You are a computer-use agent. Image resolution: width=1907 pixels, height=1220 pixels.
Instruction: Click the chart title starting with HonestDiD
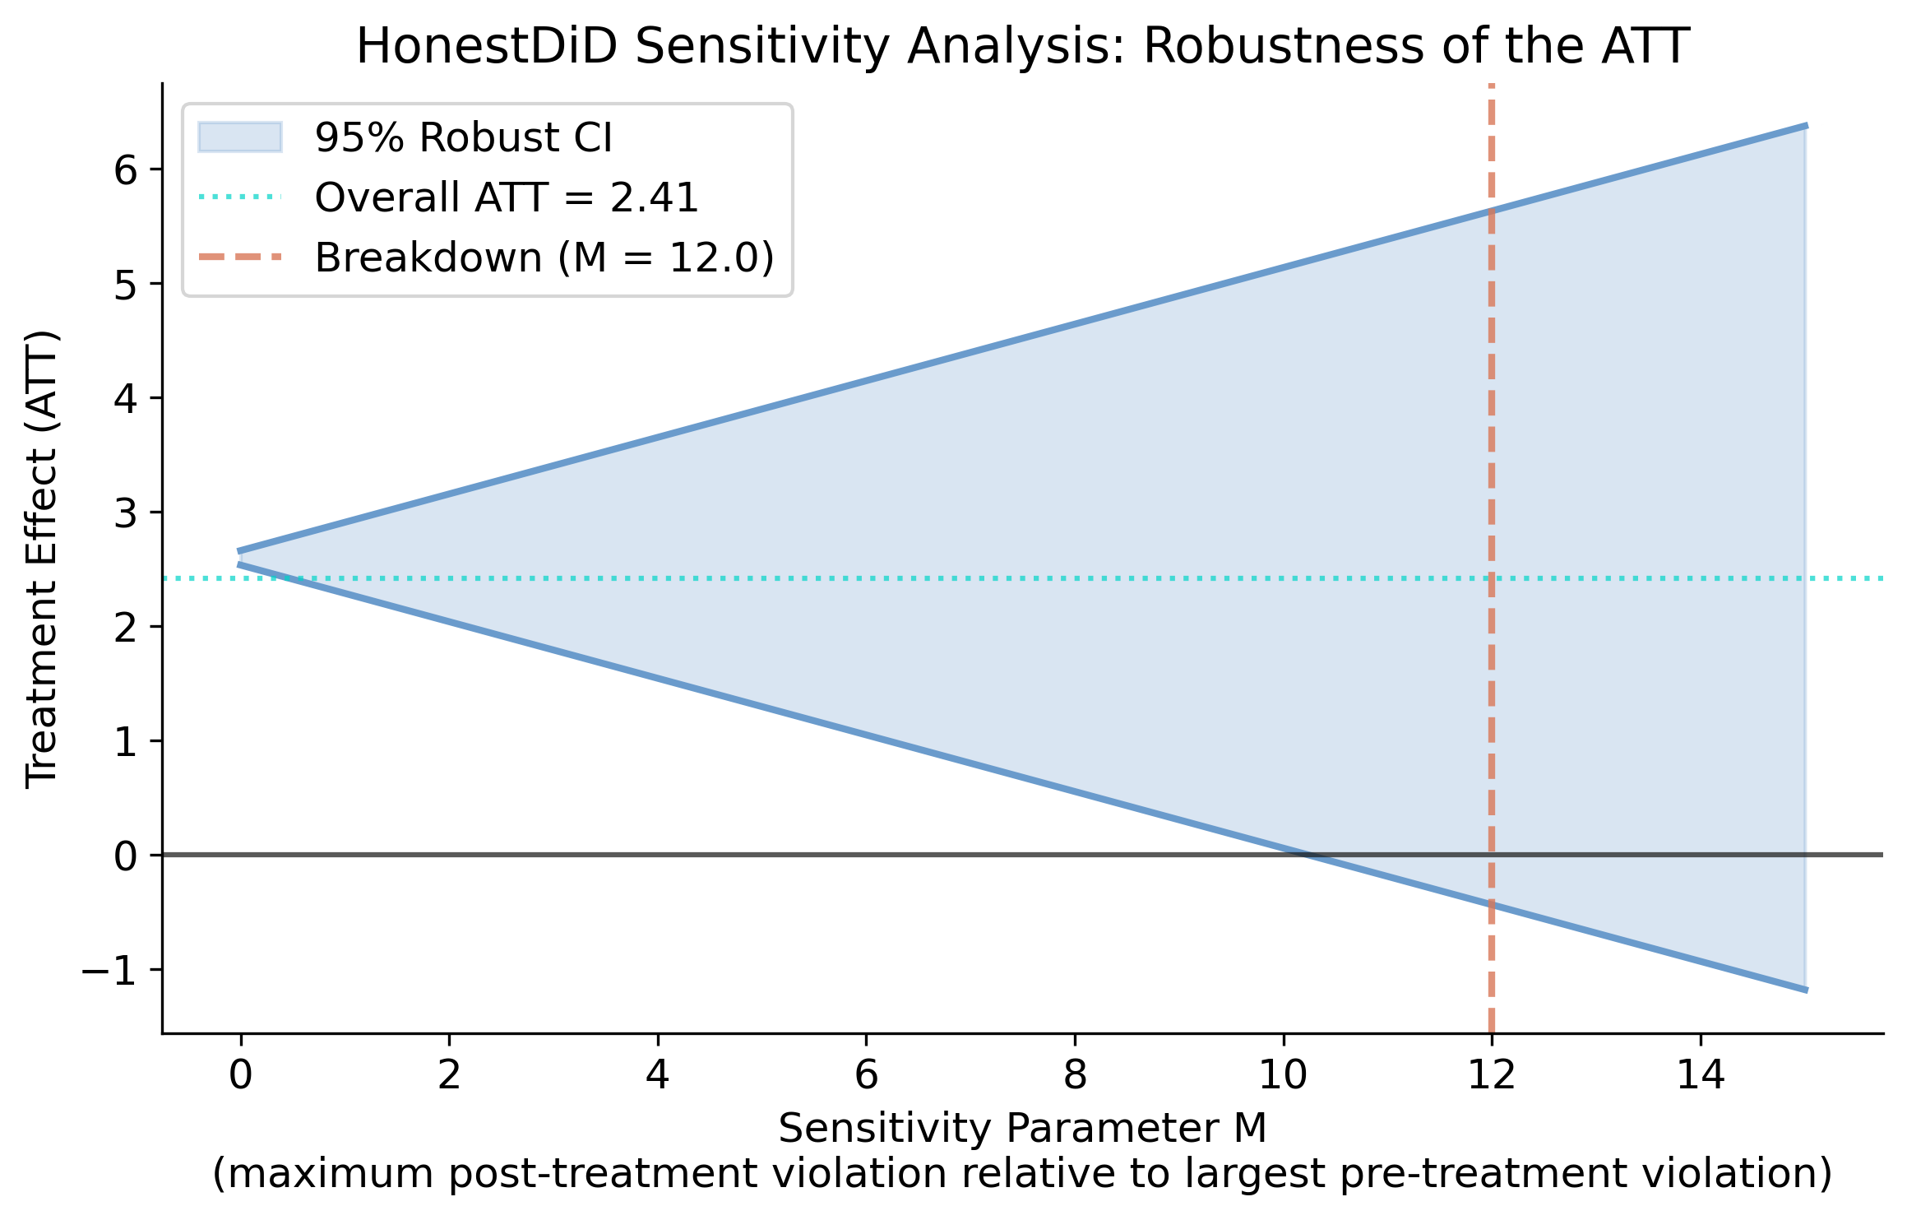click(x=1022, y=47)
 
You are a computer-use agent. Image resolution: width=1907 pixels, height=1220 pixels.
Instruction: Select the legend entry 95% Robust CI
click(x=463, y=137)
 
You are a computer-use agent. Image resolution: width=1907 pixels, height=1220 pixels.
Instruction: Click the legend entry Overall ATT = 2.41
click(x=506, y=197)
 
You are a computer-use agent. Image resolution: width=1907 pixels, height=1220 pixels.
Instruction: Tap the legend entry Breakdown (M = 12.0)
click(x=544, y=257)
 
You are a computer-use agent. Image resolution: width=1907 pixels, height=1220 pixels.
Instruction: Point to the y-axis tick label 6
click(x=126, y=170)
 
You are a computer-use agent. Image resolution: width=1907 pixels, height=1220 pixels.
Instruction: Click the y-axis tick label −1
click(x=109, y=971)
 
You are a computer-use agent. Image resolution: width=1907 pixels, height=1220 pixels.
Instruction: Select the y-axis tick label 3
click(x=126, y=513)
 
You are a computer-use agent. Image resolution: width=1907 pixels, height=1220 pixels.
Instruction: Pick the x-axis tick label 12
click(x=1491, y=1075)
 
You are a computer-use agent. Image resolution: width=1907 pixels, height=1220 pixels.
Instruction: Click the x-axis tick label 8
click(x=1075, y=1075)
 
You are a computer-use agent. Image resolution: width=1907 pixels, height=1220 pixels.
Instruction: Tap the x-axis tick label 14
click(x=1700, y=1075)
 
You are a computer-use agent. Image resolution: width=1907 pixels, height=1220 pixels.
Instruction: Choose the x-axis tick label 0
click(x=240, y=1075)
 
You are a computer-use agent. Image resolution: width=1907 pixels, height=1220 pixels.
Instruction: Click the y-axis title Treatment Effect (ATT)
click(x=41, y=559)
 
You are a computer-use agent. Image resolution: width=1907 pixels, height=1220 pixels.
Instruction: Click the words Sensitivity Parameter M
click(x=1022, y=1128)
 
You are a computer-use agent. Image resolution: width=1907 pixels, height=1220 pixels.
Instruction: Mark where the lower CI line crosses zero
click(x=1308, y=856)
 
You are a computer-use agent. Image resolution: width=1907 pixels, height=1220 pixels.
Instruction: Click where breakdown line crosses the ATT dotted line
click(x=1491, y=579)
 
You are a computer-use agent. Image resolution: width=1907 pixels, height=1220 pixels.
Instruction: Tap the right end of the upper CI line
click(x=1804, y=126)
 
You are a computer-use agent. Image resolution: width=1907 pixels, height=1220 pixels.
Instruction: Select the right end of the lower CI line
click(x=1804, y=990)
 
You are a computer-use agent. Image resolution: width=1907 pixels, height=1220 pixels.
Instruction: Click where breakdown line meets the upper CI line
click(x=1491, y=211)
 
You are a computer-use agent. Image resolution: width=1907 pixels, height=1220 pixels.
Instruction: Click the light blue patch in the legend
click(x=240, y=137)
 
